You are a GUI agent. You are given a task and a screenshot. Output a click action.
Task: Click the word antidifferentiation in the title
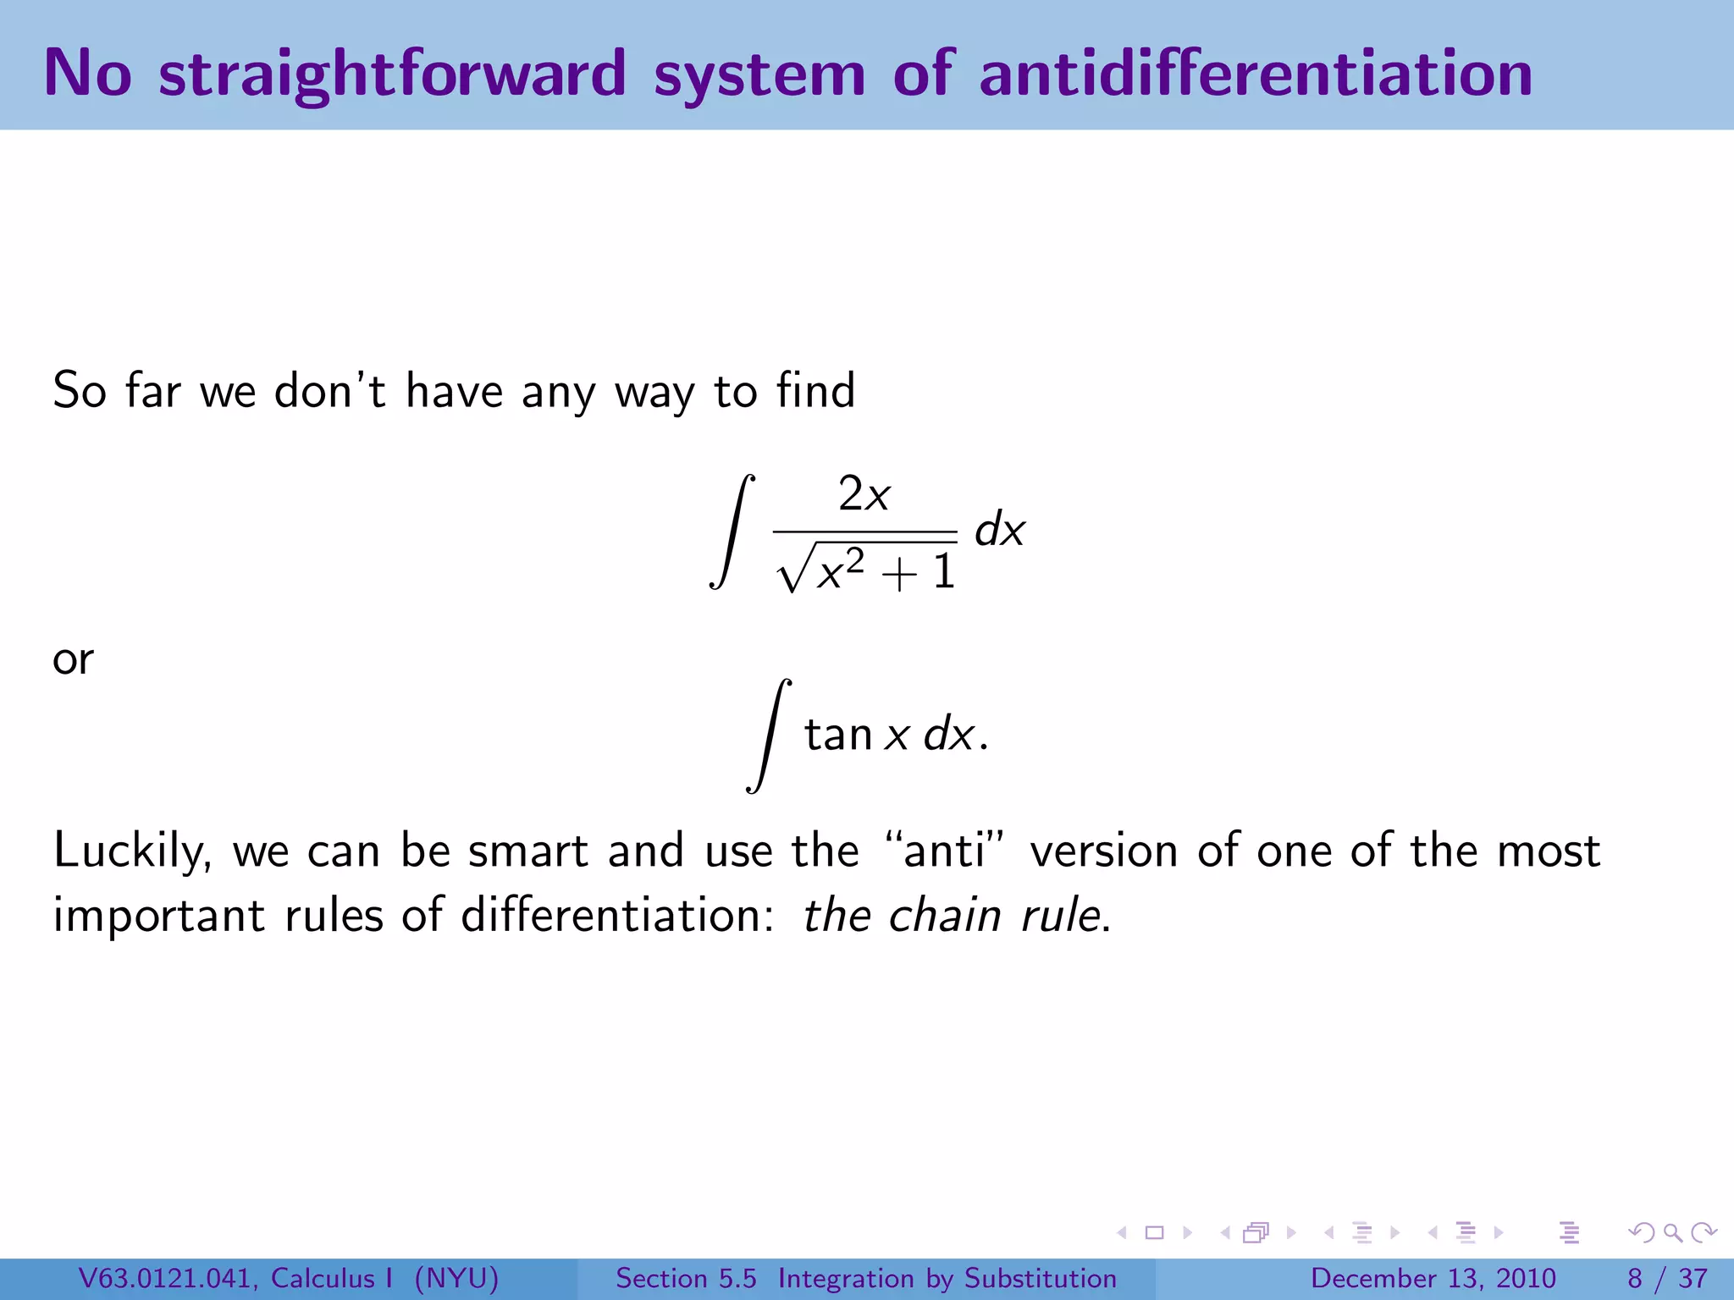(1255, 74)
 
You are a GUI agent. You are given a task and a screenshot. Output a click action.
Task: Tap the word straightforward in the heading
(392, 74)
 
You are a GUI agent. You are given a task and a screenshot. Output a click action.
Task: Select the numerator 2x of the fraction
(864, 494)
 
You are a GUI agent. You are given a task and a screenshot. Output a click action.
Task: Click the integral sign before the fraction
(732, 532)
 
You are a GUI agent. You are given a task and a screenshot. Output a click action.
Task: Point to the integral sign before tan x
(769, 735)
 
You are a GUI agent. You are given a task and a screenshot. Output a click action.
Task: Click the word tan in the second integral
(837, 735)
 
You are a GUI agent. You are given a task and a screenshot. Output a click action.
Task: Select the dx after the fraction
(999, 532)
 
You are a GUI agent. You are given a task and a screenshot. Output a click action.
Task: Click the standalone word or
(73, 659)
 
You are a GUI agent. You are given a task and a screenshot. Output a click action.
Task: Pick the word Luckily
(132, 851)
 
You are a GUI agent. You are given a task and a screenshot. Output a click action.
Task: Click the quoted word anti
(944, 851)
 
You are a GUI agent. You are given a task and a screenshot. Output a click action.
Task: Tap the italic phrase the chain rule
(953, 916)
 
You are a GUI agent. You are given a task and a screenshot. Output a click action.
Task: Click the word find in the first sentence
(815, 391)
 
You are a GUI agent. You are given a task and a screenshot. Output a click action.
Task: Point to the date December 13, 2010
(1433, 1278)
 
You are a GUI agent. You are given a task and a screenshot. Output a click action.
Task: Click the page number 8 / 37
(1666, 1278)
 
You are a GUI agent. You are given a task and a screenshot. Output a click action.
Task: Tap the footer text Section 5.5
(685, 1278)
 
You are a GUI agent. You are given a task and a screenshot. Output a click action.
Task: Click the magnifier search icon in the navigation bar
(1672, 1233)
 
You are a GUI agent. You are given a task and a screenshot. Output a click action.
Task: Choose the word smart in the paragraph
(527, 851)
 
